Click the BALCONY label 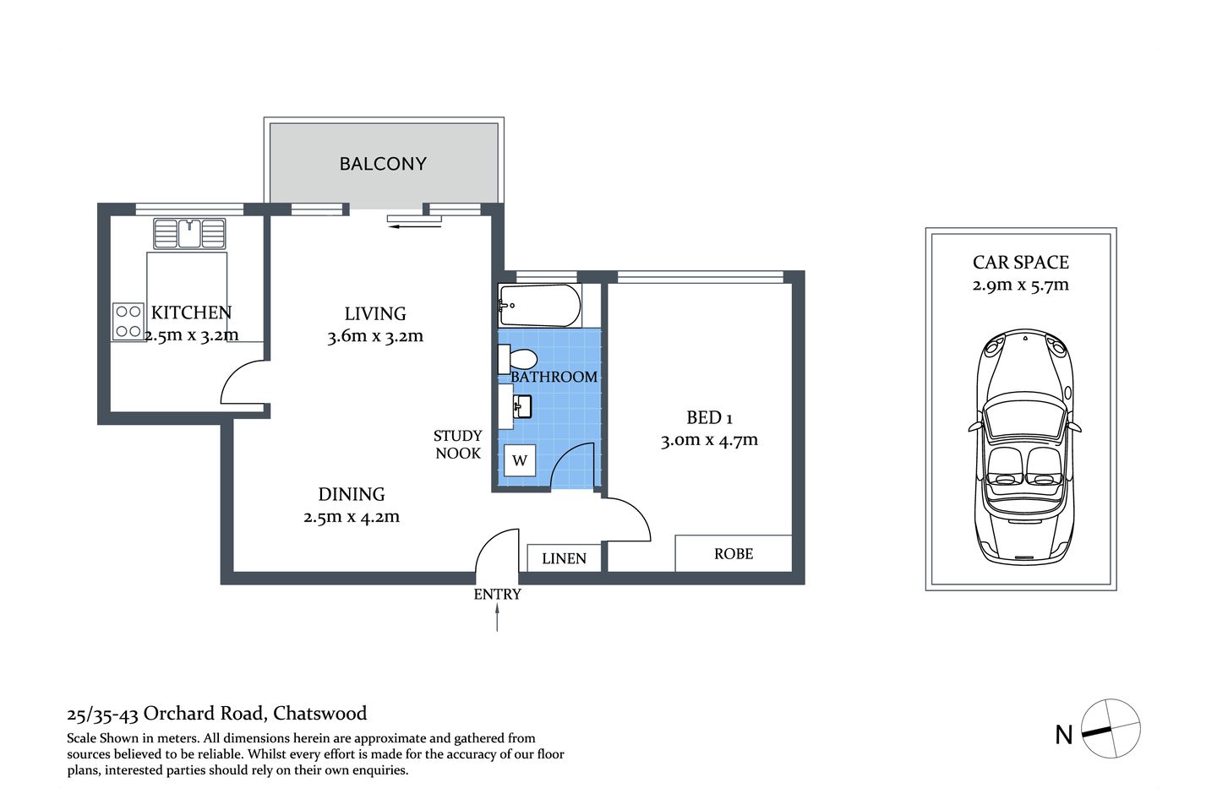click(383, 164)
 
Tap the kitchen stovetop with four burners click(128, 322)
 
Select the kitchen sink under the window click(190, 233)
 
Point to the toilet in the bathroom click(521, 360)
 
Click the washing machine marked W click(520, 460)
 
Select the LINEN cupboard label click(564, 558)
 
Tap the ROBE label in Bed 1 click(733, 554)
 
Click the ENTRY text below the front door click(497, 595)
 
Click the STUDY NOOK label click(457, 444)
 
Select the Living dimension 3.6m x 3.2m click(375, 336)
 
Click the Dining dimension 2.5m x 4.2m click(352, 517)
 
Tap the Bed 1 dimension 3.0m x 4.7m click(709, 440)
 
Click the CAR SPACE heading click(1020, 263)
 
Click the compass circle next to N click(1111, 728)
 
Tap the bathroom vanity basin click(521, 408)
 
